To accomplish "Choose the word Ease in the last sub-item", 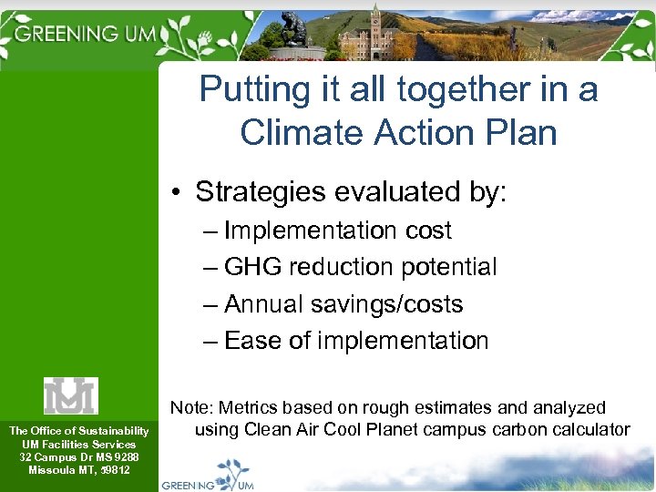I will (251, 341).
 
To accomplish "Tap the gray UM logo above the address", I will (71, 395).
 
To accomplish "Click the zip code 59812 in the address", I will (115, 470).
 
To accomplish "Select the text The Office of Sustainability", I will (78, 431).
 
